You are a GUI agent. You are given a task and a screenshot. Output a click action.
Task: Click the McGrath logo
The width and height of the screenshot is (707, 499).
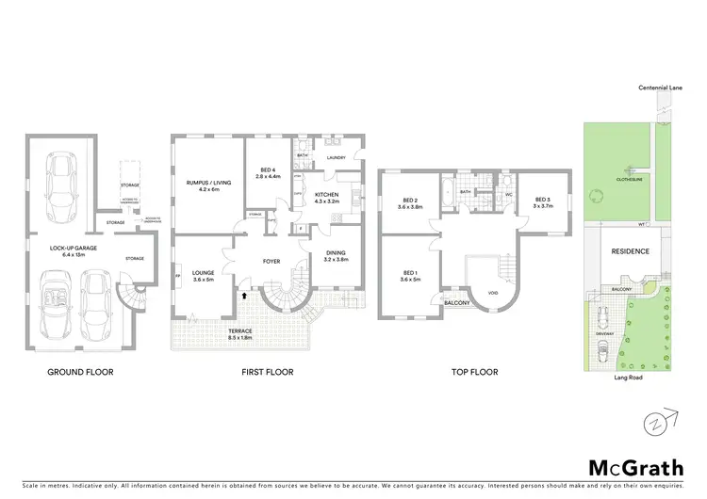(629, 467)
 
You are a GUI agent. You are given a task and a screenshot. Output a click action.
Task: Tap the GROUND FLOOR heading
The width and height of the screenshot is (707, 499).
(81, 372)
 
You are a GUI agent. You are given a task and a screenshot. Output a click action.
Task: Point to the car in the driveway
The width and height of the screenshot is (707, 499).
(602, 353)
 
